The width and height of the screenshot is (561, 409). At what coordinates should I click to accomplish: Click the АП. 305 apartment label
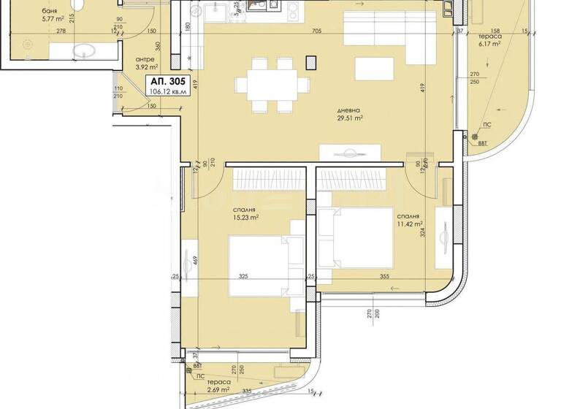point(167,81)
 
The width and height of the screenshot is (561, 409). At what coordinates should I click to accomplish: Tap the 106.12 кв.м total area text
point(167,92)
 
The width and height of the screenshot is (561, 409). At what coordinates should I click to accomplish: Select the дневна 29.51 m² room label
point(350,112)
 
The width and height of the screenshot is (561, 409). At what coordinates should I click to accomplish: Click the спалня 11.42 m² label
point(410,221)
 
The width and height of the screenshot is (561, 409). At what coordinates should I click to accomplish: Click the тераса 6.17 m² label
point(489,39)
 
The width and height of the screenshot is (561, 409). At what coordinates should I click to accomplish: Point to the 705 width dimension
point(318,31)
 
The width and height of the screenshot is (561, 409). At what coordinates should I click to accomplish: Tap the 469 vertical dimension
point(196,259)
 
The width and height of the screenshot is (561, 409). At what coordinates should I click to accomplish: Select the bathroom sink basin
point(85,50)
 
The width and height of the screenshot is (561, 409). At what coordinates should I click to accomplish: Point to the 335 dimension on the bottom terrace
point(247,392)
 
